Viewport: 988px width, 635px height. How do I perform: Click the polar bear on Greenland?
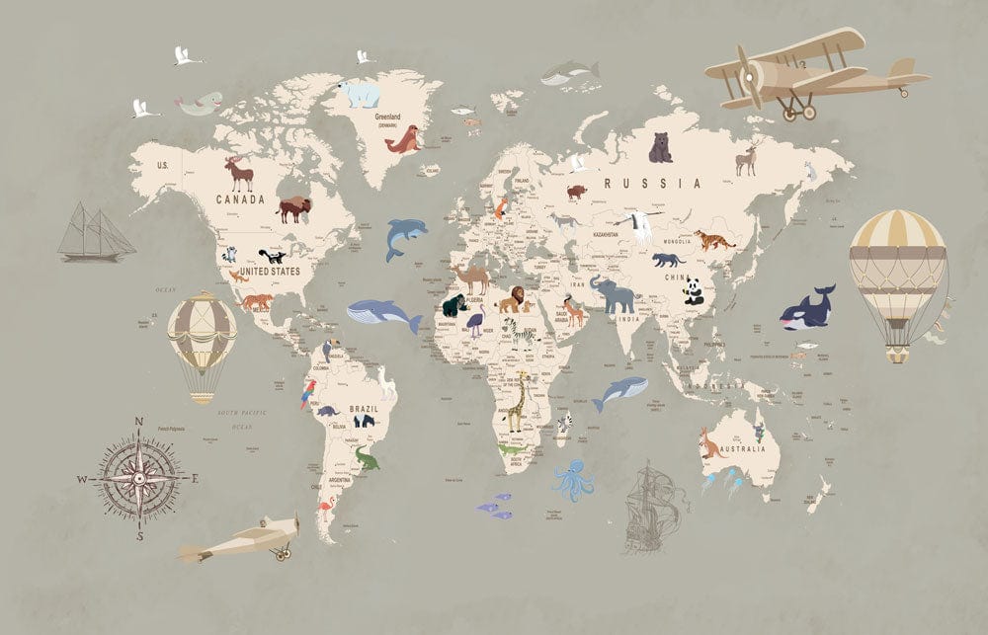point(359,94)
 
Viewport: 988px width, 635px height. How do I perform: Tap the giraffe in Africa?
point(517,401)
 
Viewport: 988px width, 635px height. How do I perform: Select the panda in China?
point(694,289)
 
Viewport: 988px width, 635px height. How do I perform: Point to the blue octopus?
point(573,480)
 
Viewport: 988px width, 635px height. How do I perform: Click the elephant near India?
point(613,294)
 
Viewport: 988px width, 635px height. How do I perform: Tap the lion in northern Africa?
point(511,299)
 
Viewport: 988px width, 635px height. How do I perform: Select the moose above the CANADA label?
point(239,174)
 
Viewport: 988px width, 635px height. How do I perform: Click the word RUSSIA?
point(654,183)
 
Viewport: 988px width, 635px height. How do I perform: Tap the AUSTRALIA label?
point(742,450)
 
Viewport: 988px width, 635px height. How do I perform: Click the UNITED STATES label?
point(271,270)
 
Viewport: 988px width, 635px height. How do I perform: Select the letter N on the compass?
point(138,423)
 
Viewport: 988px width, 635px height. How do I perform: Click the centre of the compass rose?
point(138,479)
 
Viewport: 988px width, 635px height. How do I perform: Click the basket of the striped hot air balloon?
point(897,353)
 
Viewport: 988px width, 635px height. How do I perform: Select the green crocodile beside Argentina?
point(366,459)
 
